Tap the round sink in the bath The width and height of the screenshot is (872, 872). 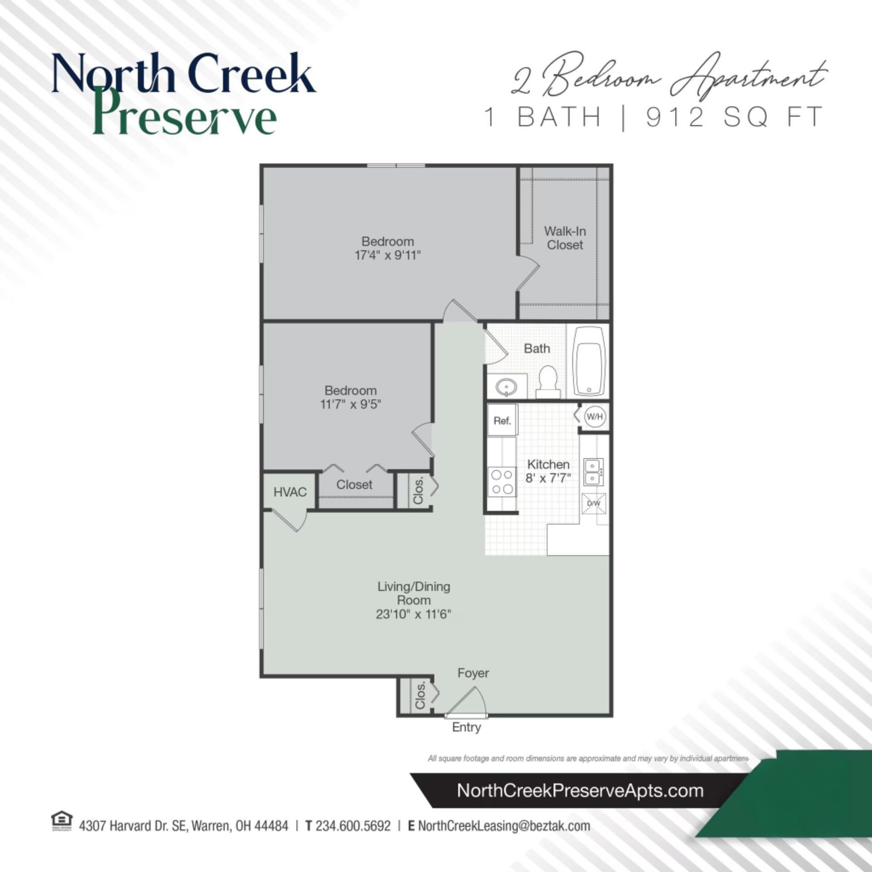point(505,387)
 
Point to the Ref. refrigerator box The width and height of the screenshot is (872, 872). point(502,421)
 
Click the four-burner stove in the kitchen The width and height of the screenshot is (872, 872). point(502,481)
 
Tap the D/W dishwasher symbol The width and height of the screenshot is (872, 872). point(594,504)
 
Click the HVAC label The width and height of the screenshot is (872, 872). point(290,492)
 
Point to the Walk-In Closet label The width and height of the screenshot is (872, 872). point(565,238)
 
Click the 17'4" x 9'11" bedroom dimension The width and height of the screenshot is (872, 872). point(387,255)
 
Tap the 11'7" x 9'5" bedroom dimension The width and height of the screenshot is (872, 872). point(351,404)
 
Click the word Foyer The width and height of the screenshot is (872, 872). point(473,673)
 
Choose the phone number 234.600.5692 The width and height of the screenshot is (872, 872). point(353,826)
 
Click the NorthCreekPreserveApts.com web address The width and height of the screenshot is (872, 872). point(580,791)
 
